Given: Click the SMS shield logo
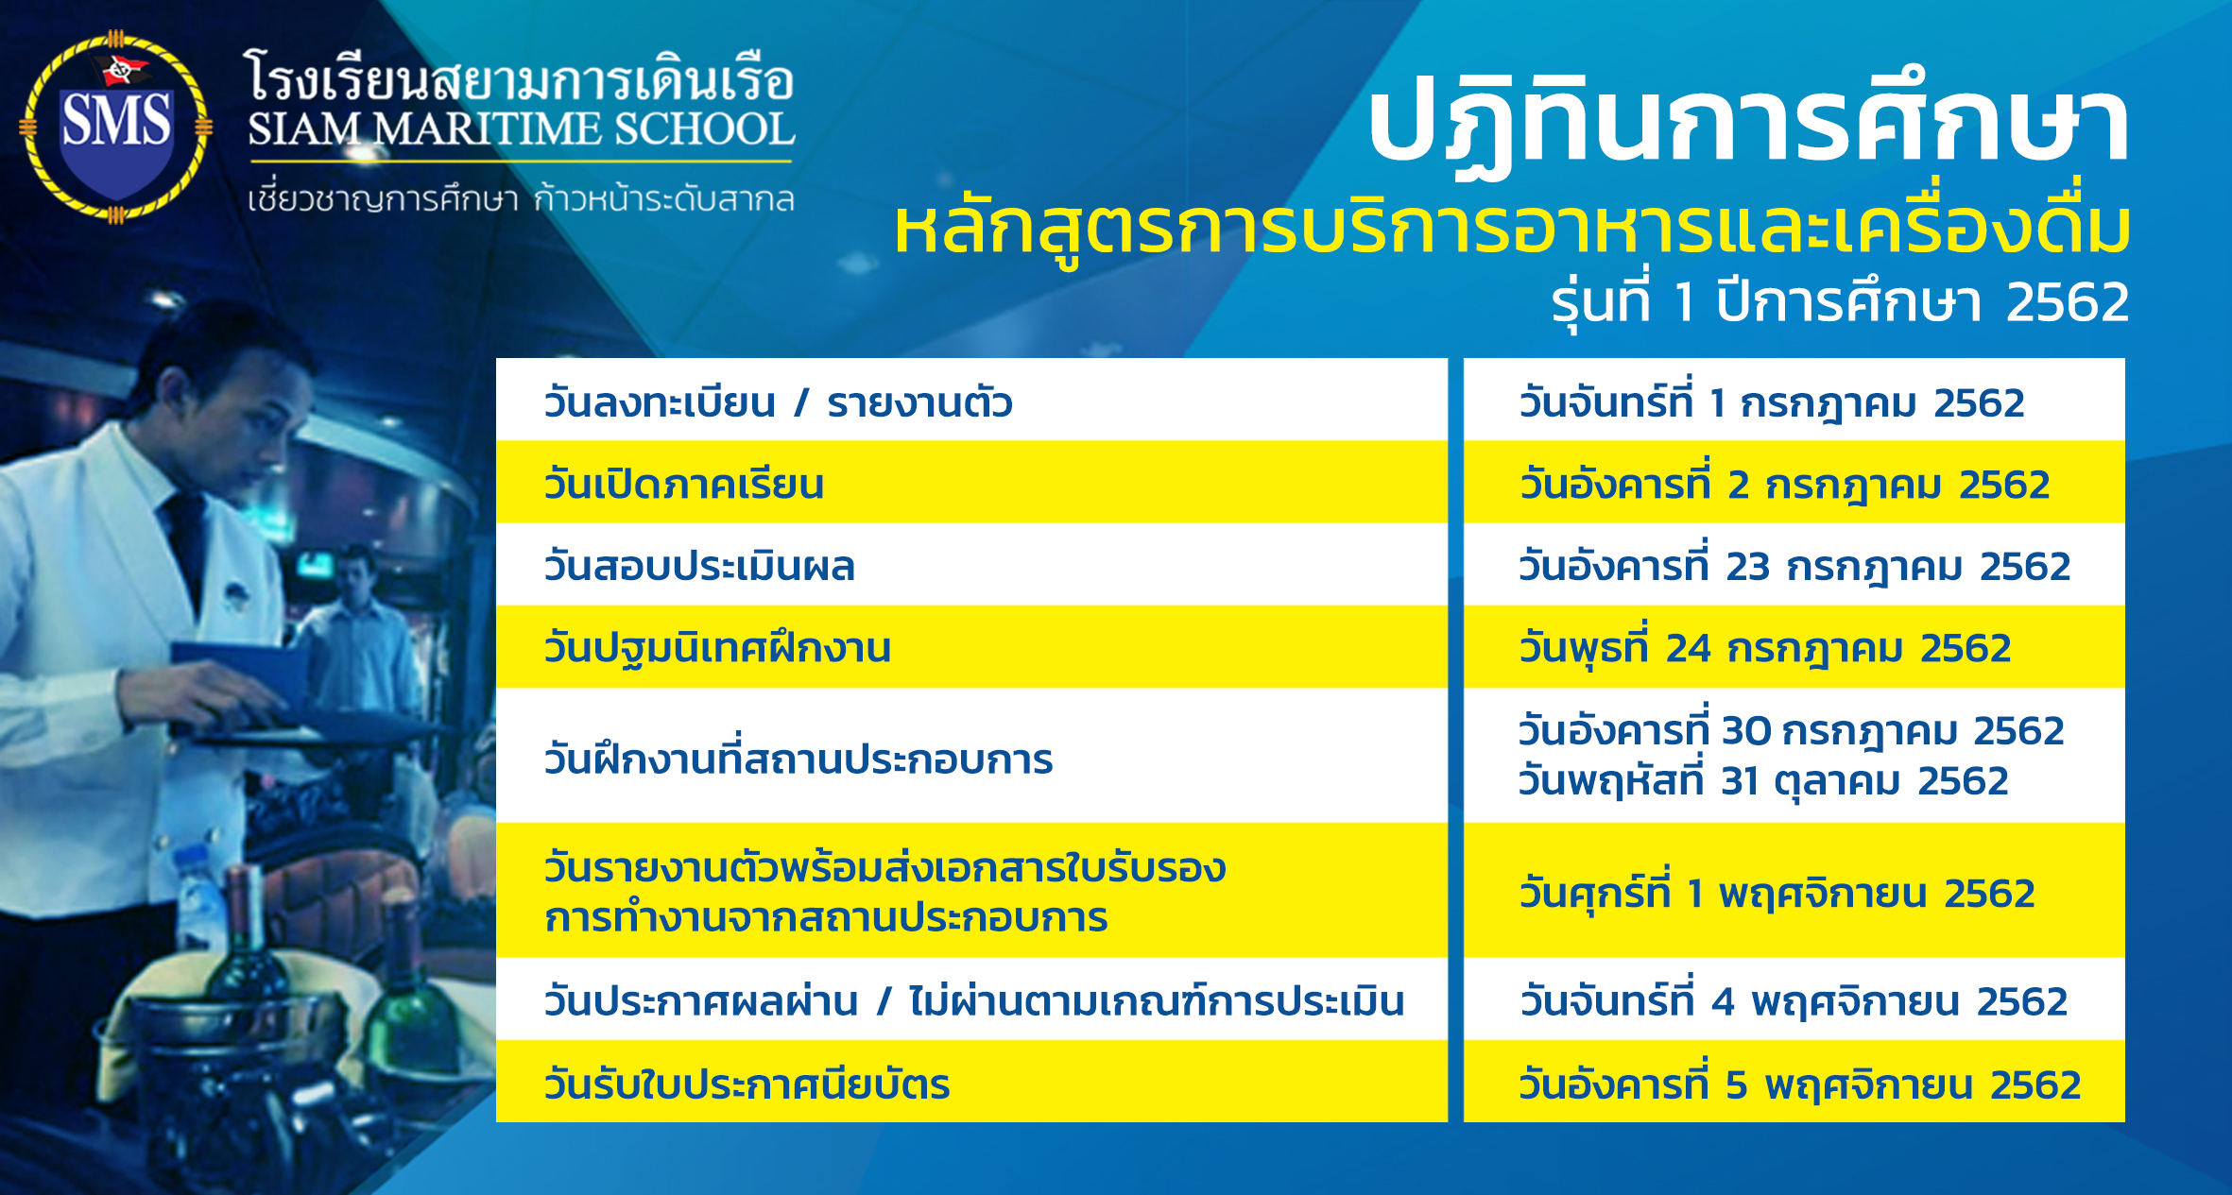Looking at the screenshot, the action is click(115, 126).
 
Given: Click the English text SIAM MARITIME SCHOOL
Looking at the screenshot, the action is click(521, 129).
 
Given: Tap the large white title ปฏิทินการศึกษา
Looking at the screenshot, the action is click(1748, 123).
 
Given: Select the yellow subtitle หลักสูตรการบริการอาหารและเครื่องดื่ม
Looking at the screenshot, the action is click(1512, 230).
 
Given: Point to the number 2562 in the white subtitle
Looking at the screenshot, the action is click(2068, 303).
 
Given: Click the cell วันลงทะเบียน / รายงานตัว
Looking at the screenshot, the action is click(778, 401).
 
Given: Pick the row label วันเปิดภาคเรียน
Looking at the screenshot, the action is click(683, 484).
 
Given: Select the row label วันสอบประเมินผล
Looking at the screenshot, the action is click(699, 565).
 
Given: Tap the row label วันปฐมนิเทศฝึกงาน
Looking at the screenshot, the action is click(717, 647).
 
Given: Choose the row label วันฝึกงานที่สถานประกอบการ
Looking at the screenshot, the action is click(798, 758).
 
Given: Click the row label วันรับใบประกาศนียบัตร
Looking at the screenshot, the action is click(747, 1084).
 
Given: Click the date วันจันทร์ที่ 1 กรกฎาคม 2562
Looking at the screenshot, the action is click(1772, 401).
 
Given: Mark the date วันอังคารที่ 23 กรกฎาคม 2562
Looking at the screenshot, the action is click(1794, 565).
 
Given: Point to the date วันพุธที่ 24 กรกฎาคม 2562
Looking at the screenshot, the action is click(1764, 647).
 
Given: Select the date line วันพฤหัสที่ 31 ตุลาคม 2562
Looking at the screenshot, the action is click(1763, 780).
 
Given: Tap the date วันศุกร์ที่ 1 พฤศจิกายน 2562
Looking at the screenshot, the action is click(1777, 892).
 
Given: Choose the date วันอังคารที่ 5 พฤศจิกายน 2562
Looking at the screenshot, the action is click(1799, 1084).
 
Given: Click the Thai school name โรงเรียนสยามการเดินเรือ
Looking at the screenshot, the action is click(521, 77).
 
